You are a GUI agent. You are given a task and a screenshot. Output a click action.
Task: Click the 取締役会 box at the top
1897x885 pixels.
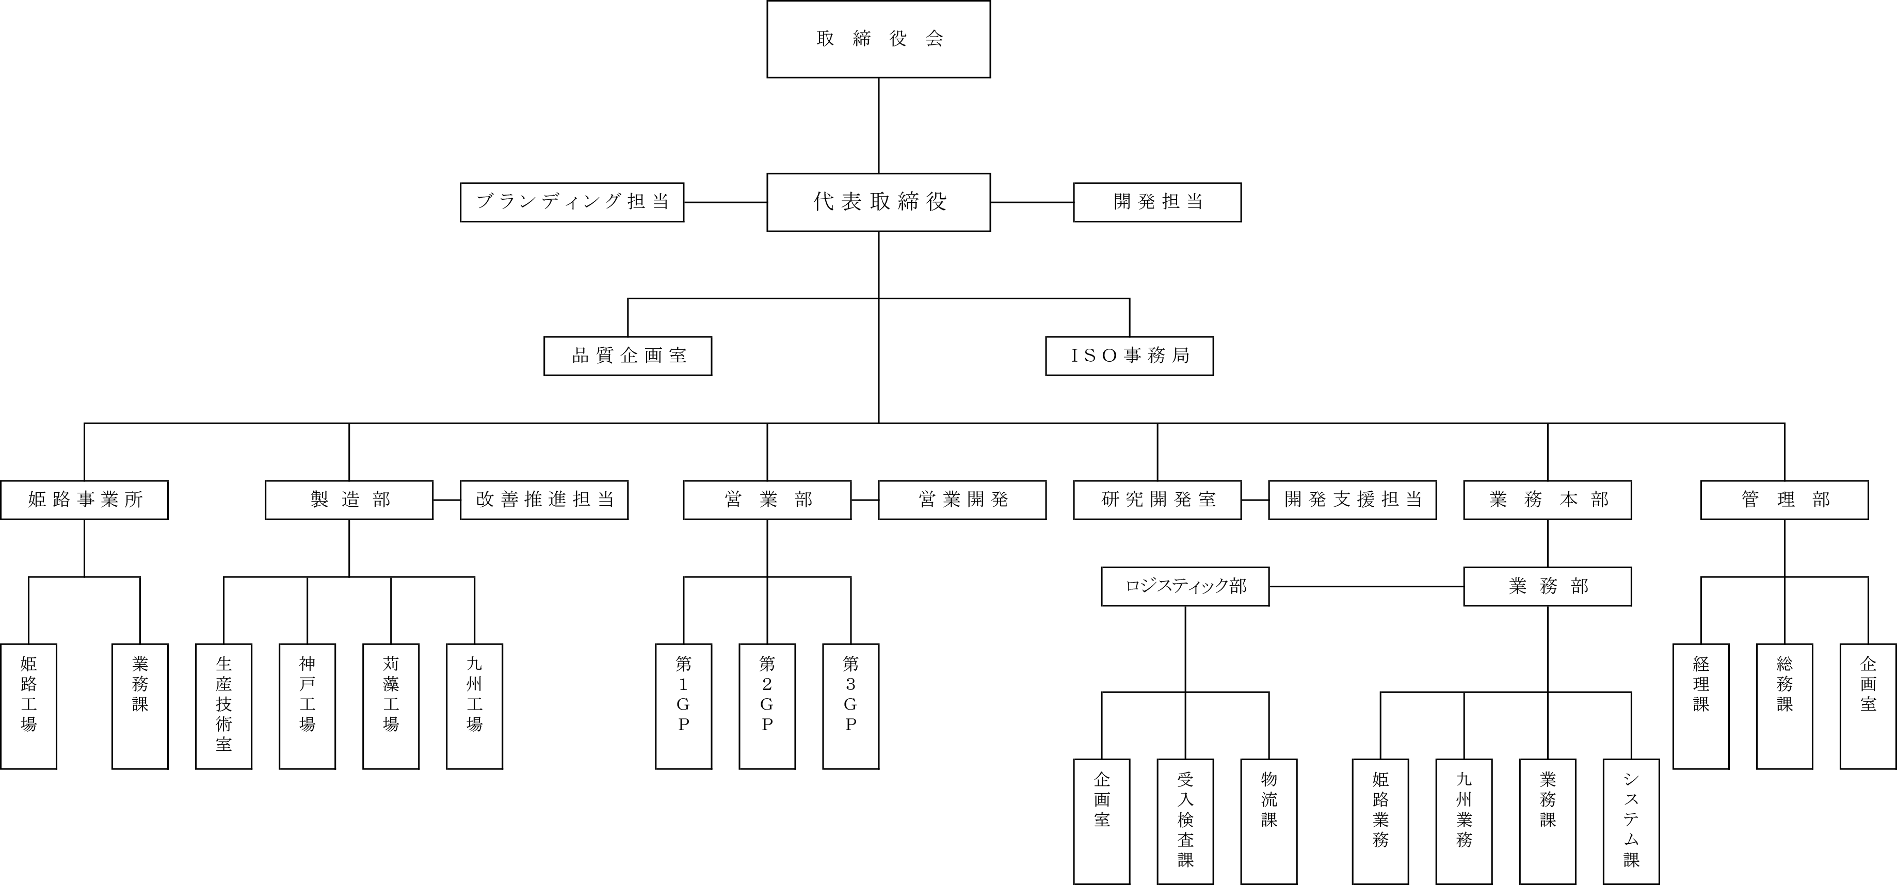coord(878,39)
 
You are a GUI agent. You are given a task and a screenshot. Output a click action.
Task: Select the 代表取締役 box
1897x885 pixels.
coord(878,202)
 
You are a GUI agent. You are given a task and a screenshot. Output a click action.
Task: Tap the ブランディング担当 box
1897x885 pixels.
coord(571,202)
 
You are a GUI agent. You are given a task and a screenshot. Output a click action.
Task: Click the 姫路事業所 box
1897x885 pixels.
coord(84,500)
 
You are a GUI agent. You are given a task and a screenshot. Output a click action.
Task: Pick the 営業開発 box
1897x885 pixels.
coord(962,500)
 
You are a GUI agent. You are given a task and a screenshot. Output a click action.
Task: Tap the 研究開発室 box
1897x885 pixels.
coord(1157,500)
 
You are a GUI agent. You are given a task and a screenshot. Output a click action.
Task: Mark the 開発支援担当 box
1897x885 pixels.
coord(1352,500)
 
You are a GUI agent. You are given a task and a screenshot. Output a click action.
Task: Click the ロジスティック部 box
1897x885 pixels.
coord(1185,586)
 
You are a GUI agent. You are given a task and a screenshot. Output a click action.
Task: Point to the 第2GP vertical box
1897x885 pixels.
coord(767,706)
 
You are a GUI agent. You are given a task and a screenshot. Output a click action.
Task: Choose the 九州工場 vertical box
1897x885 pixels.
coord(474,706)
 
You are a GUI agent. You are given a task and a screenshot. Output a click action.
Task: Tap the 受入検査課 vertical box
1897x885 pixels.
coord(1185,821)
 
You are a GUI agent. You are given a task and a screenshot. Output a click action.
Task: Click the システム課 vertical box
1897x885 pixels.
coord(1631,821)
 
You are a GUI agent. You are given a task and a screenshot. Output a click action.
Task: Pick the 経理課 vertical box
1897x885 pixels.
coord(1700,706)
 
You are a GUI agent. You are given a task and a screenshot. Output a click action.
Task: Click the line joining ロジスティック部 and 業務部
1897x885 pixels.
coord(1366,586)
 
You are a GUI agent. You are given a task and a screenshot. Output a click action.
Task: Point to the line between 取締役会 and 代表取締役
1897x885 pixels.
coord(878,125)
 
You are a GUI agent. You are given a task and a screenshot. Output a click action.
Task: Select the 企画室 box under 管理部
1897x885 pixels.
coord(1868,706)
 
